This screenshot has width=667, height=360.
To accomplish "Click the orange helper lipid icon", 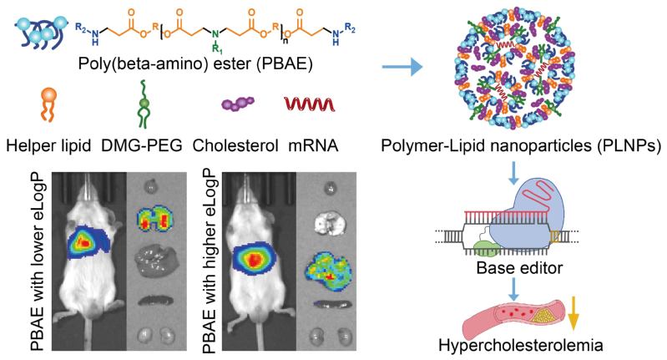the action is pos(48,104).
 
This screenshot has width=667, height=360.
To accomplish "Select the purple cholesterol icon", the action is pos(238,104).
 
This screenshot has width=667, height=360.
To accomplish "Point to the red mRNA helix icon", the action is pos(309,104).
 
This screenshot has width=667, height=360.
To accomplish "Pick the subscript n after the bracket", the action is pos(284,43).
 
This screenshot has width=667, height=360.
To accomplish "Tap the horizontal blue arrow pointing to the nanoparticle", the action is pos(402,67).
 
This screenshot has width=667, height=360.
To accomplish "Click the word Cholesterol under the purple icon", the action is pos(235,145).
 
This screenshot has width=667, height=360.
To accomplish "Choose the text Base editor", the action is pos(519,268).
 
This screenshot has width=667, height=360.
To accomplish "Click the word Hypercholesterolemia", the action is pos(521,345).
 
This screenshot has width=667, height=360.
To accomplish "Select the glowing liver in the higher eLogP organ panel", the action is pos(329,268).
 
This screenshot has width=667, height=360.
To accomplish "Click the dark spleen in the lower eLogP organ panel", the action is pos(155,301).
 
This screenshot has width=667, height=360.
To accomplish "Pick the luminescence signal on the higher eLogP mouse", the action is pos(255,259).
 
